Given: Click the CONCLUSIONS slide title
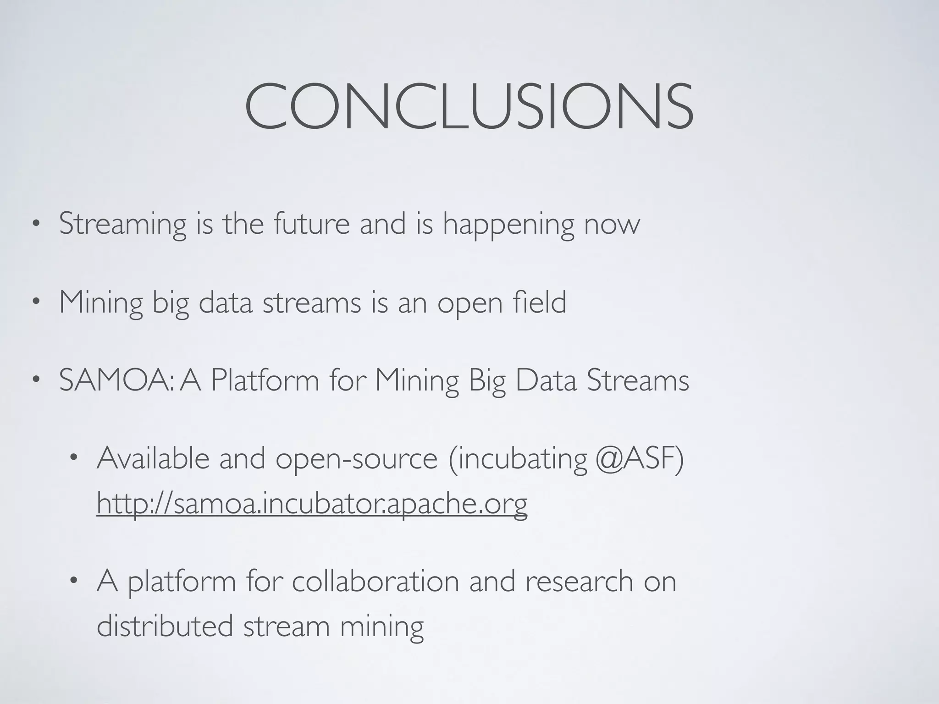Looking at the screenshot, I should point(469,106).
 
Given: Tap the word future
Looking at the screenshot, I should point(311,224).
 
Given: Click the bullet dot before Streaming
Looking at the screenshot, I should point(36,225).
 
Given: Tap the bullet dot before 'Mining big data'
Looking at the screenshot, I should point(36,302).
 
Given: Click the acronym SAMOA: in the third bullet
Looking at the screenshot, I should point(116,380).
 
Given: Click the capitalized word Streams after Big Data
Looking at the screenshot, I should point(638,380).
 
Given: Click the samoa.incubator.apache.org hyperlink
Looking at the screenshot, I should point(312,503).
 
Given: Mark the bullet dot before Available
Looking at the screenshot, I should point(73,458).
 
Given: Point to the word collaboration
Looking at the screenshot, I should point(375,581).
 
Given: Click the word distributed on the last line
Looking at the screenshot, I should point(165,626).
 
